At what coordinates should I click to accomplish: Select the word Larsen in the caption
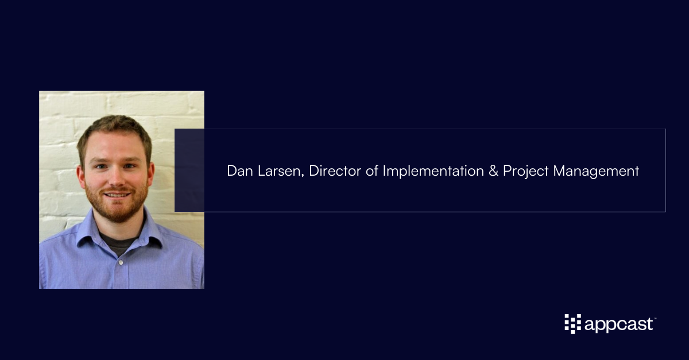281,171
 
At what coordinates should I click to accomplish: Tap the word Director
335,171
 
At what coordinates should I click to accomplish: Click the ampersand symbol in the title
493,171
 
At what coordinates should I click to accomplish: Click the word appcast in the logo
618,325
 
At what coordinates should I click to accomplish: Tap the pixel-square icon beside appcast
573,324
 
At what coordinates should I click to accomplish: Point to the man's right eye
100,167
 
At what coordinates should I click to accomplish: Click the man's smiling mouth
117,195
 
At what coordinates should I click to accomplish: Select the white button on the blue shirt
121,262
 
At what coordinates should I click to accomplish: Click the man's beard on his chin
118,212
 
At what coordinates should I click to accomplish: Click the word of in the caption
372,171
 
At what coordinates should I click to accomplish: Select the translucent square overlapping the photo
189,170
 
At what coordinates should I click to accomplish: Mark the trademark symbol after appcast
655,319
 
